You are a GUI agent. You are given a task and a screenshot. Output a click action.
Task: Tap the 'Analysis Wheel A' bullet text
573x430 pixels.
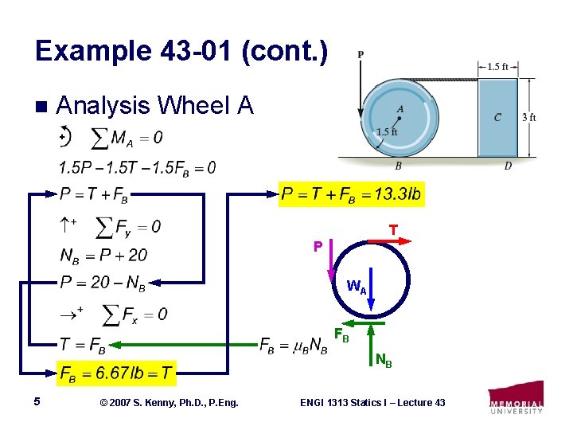[x=155, y=105]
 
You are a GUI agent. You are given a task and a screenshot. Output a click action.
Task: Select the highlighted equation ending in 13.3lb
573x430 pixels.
[x=351, y=194]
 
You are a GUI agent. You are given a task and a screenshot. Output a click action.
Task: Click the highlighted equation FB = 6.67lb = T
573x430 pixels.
[x=117, y=371]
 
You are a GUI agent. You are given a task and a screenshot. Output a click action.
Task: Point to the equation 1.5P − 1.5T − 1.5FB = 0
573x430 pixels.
[x=136, y=167]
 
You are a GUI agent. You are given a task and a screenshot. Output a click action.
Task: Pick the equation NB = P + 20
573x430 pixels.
[x=103, y=255]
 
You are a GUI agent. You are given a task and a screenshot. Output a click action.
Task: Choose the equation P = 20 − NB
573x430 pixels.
[x=103, y=283]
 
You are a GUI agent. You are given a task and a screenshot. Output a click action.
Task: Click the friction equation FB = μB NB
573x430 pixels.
[x=293, y=344]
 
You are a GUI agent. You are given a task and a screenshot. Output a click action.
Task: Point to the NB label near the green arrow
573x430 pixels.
[x=383, y=363]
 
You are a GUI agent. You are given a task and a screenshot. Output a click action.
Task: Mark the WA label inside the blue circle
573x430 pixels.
[x=357, y=288]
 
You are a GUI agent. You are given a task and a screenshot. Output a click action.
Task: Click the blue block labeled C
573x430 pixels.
[x=497, y=117]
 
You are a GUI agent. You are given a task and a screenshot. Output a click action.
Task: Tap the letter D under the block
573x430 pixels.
[x=507, y=166]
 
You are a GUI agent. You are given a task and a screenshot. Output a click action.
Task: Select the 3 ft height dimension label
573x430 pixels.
[x=528, y=117]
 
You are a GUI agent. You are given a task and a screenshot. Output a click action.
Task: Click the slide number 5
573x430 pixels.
[x=37, y=402]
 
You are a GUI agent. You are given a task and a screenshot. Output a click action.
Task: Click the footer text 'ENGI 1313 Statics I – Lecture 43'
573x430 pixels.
[x=372, y=403]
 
